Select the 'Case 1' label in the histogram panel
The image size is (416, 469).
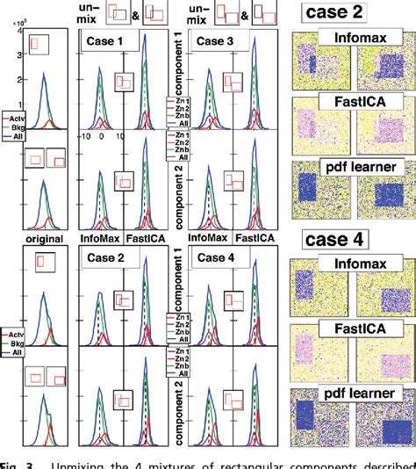[x=104, y=41]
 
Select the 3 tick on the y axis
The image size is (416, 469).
[x=19, y=55]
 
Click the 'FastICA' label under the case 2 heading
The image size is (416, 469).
[x=353, y=101]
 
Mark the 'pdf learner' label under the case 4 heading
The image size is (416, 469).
[x=353, y=393]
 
